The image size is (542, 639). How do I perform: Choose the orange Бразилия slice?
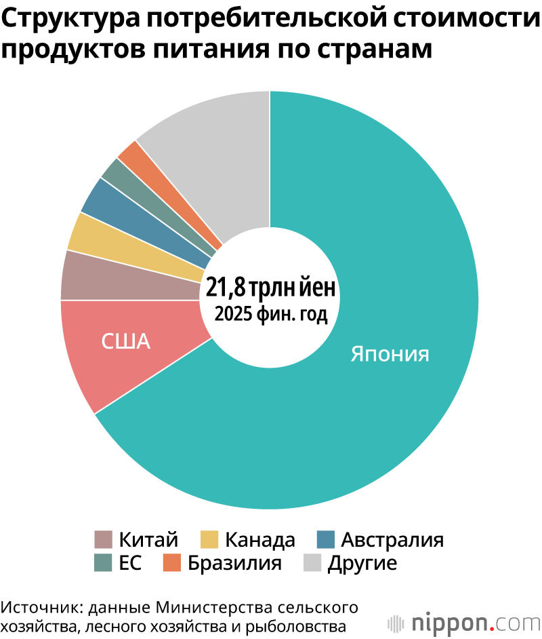tap(171, 191)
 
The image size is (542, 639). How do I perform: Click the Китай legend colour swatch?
tap(103, 539)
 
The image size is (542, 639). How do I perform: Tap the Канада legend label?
tap(260, 539)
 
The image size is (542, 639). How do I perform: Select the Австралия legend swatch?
tap(325, 539)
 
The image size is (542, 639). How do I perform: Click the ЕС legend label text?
tap(130, 563)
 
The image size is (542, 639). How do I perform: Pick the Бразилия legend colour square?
tap(171, 562)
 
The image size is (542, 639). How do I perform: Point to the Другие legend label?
tap(362, 564)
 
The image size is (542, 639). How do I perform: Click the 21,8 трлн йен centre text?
tap(270, 287)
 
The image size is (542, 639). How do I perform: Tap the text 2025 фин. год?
tap(271, 314)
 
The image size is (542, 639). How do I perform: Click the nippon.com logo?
tap(464, 623)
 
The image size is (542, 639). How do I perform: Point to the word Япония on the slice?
tap(390, 353)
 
